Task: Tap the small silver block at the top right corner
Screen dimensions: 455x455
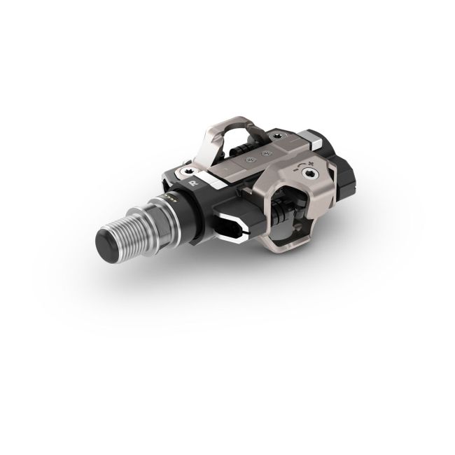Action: [x=316, y=141]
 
